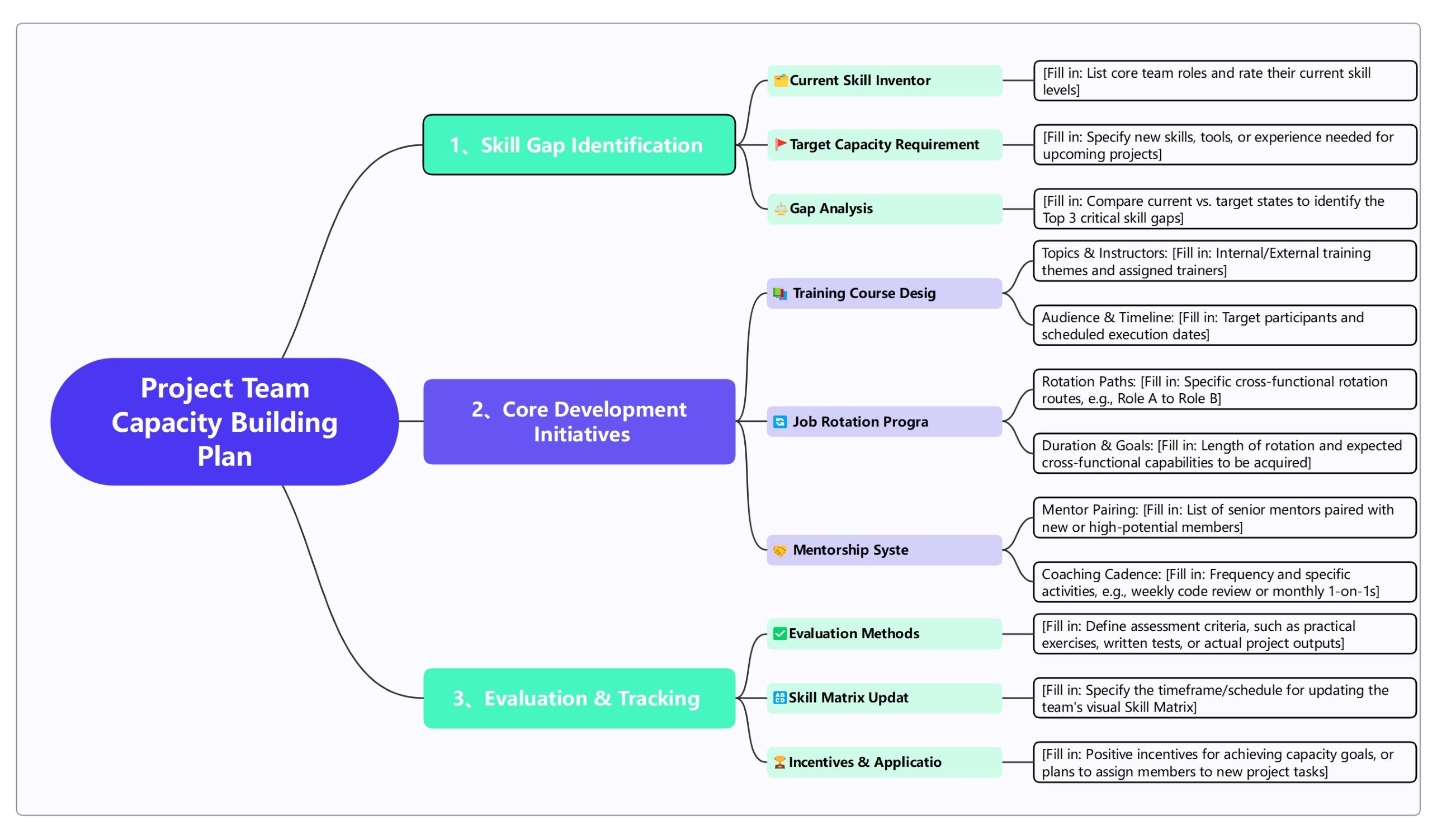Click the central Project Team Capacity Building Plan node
pyautogui.click(x=224, y=422)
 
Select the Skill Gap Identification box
pyautogui.click(x=579, y=145)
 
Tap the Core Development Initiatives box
pyautogui.click(x=579, y=422)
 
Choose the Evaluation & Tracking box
pyautogui.click(x=579, y=698)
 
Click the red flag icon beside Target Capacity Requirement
pyautogui.click(x=780, y=144)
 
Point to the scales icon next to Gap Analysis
pyautogui.click(x=780, y=209)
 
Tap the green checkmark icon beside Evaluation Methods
pyautogui.click(x=779, y=634)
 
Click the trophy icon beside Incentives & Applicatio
pyautogui.click(x=779, y=762)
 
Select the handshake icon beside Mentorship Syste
pyautogui.click(x=779, y=550)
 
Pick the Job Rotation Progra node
pyautogui.click(x=884, y=422)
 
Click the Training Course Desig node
pyautogui.click(x=884, y=293)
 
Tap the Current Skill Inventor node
pyautogui.click(x=884, y=81)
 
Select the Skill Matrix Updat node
pyautogui.click(x=884, y=697)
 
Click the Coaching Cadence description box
pyautogui.click(x=1225, y=582)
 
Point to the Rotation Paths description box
pyautogui.click(x=1225, y=389)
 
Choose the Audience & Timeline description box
pyautogui.click(x=1225, y=325)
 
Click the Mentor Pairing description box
pyautogui.click(x=1225, y=518)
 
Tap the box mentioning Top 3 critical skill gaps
pyautogui.click(x=1225, y=209)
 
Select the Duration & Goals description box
pyautogui.click(x=1225, y=454)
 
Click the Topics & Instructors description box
pyautogui.click(x=1225, y=261)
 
